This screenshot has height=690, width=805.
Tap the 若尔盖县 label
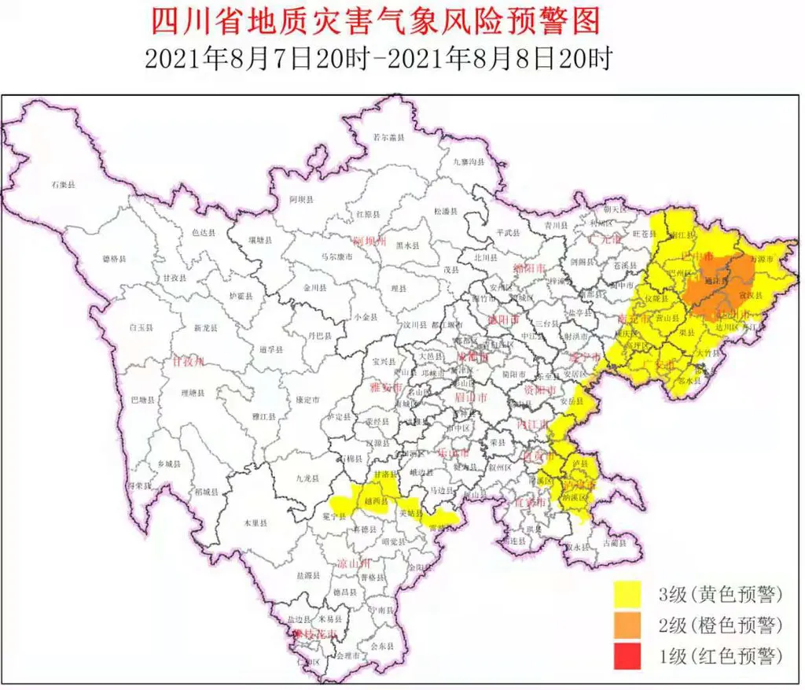[x=388, y=138]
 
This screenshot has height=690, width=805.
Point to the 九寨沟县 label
[x=469, y=161]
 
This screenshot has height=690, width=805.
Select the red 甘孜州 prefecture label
[x=189, y=361]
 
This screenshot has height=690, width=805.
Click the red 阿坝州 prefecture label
[x=369, y=241]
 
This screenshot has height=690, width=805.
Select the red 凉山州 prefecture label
[x=353, y=563]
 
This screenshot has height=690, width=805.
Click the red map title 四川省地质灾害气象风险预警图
[x=376, y=21]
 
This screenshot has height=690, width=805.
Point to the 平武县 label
[x=510, y=232]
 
